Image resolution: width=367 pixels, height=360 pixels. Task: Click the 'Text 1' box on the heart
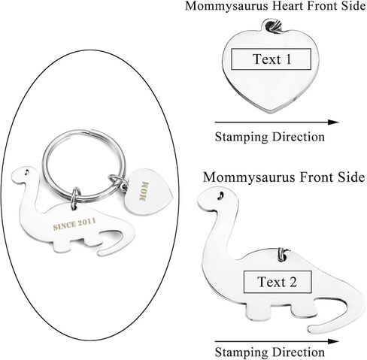(271, 59)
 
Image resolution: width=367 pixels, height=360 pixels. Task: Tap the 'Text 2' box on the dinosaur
(278, 282)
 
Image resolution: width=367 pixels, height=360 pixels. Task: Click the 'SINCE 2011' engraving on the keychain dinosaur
(74, 224)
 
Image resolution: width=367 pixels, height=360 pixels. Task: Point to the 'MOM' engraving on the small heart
(144, 192)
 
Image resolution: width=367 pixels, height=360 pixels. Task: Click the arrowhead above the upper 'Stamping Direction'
(334, 123)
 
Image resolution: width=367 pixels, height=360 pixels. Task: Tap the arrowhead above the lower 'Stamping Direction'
(334, 341)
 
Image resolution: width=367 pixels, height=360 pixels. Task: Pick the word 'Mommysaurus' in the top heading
(226, 6)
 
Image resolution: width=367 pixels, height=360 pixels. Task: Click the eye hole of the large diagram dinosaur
(221, 195)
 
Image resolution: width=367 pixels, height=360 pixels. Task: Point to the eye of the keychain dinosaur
(26, 171)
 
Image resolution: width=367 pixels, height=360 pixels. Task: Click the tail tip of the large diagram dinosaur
(311, 329)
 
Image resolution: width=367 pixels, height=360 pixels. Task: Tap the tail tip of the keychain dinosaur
(100, 253)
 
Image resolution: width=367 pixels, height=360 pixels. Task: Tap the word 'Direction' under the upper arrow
(299, 137)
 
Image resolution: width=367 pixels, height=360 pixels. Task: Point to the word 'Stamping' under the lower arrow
(242, 352)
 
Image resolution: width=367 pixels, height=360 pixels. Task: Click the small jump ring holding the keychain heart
(118, 181)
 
